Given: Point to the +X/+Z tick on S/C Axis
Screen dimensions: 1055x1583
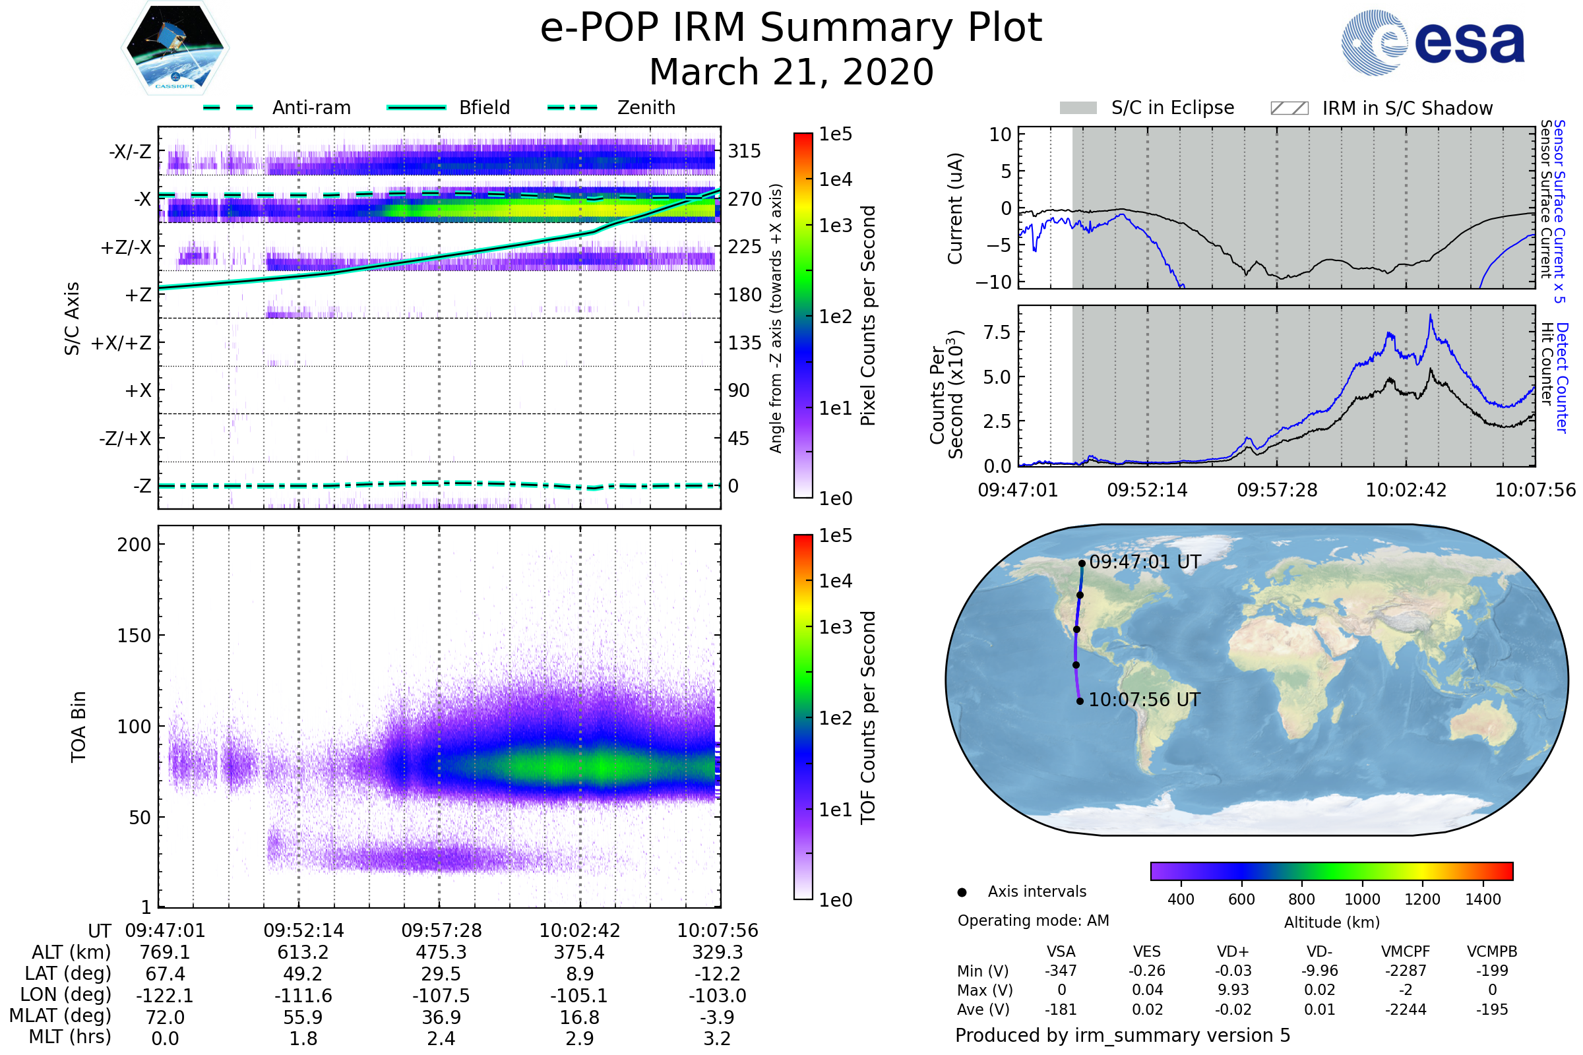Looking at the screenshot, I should point(121,343).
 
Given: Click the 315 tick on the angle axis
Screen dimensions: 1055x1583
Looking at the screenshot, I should point(744,151).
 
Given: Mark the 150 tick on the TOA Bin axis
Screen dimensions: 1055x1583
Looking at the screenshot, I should point(134,636).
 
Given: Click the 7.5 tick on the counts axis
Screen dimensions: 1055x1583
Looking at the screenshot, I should point(997,332).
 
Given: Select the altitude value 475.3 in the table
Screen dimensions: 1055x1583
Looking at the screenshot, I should point(441,952).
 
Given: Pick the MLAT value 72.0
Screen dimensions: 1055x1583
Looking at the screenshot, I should point(165,1017).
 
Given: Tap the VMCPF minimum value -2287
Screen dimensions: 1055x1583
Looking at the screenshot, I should point(1406,971).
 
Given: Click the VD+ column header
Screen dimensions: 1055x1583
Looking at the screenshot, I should point(1233,951).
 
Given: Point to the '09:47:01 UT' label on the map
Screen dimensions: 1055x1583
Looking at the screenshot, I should point(1145,562).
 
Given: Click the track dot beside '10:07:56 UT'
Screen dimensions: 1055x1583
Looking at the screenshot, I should point(1080,701).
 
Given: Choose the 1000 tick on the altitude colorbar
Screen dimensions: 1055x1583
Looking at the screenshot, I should point(1362,899).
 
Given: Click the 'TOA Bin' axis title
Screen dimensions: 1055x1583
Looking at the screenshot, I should point(78,727).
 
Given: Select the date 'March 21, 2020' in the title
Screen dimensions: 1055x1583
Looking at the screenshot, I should point(791,72).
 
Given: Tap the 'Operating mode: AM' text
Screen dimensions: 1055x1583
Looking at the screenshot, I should point(1033,920).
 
